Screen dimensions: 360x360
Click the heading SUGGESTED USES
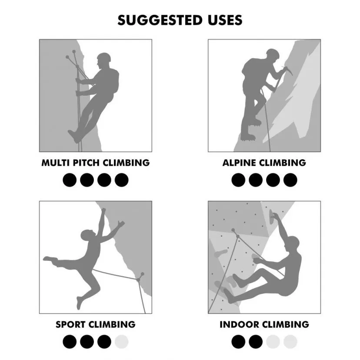(x=180, y=20)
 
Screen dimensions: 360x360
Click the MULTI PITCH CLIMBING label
(x=96, y=163)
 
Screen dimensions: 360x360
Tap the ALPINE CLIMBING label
(x=264, y=163)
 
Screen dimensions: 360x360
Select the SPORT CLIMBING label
(x=96, y=324)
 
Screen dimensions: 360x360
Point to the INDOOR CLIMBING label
(x=264, y=324)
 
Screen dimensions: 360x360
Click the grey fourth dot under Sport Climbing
(x=122, y=341)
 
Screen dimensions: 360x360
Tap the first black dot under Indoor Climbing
(x=238, y=341)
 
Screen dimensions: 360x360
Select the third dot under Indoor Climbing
(x=273, y=341)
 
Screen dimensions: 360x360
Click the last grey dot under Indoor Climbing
(x=290, y=341)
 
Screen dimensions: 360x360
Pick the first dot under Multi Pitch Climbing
(x=70, y=180)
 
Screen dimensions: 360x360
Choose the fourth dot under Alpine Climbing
(x=290, y=180)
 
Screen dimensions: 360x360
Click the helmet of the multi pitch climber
(x=104, y=57)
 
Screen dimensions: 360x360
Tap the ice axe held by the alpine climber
(x=285, y=70)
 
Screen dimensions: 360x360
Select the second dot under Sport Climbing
(x=87, y=341)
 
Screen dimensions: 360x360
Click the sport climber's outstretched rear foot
(x=49, y=260)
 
